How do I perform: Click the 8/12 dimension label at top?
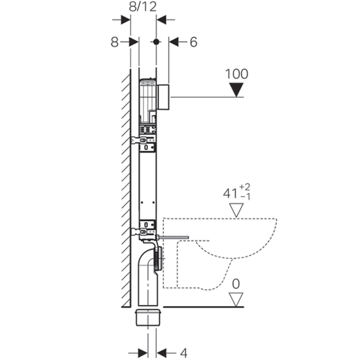click(x=143, y=7)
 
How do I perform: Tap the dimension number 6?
click(x=194, y=42)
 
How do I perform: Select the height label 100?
click(x=237, y=74)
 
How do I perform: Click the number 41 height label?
click(x=230, y=194)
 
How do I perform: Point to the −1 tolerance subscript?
click(x=245, y=197)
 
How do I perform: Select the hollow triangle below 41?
click(x=236, y=210)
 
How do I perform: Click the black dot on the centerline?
click(x=156, y=42)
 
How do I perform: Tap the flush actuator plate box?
click(x=163, y=97)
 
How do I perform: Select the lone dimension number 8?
click(x=114, y=42)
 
